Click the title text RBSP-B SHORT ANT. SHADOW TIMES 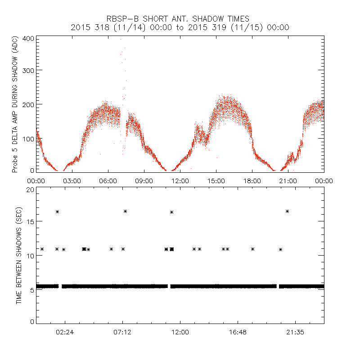pos(180,18)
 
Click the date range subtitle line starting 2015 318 pos(180,27)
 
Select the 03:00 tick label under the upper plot pos(72,180)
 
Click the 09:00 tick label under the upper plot pos(144,180)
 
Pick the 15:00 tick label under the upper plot pos(216,180)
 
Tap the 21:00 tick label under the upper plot pos(288,180)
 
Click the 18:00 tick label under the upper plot pos(252,180)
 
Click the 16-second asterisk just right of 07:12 pos(126,211)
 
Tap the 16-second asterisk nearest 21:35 pos(287,211)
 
